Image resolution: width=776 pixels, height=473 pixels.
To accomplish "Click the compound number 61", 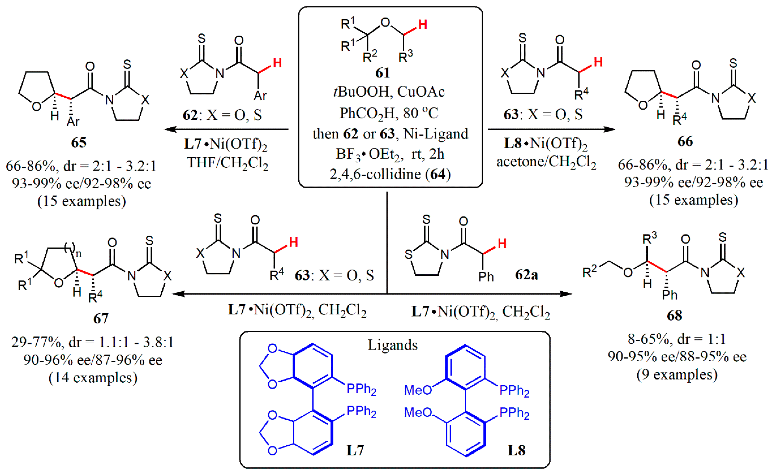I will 383,73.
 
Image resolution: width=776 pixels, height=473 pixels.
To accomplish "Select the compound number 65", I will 79,143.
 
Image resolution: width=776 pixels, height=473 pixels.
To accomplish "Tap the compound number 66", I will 685,141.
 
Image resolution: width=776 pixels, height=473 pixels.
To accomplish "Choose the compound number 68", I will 674,316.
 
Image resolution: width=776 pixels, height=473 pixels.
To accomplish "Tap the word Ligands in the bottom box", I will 392,345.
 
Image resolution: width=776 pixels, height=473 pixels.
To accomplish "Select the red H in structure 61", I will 423,24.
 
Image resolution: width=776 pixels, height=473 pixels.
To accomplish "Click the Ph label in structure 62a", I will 486,277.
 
